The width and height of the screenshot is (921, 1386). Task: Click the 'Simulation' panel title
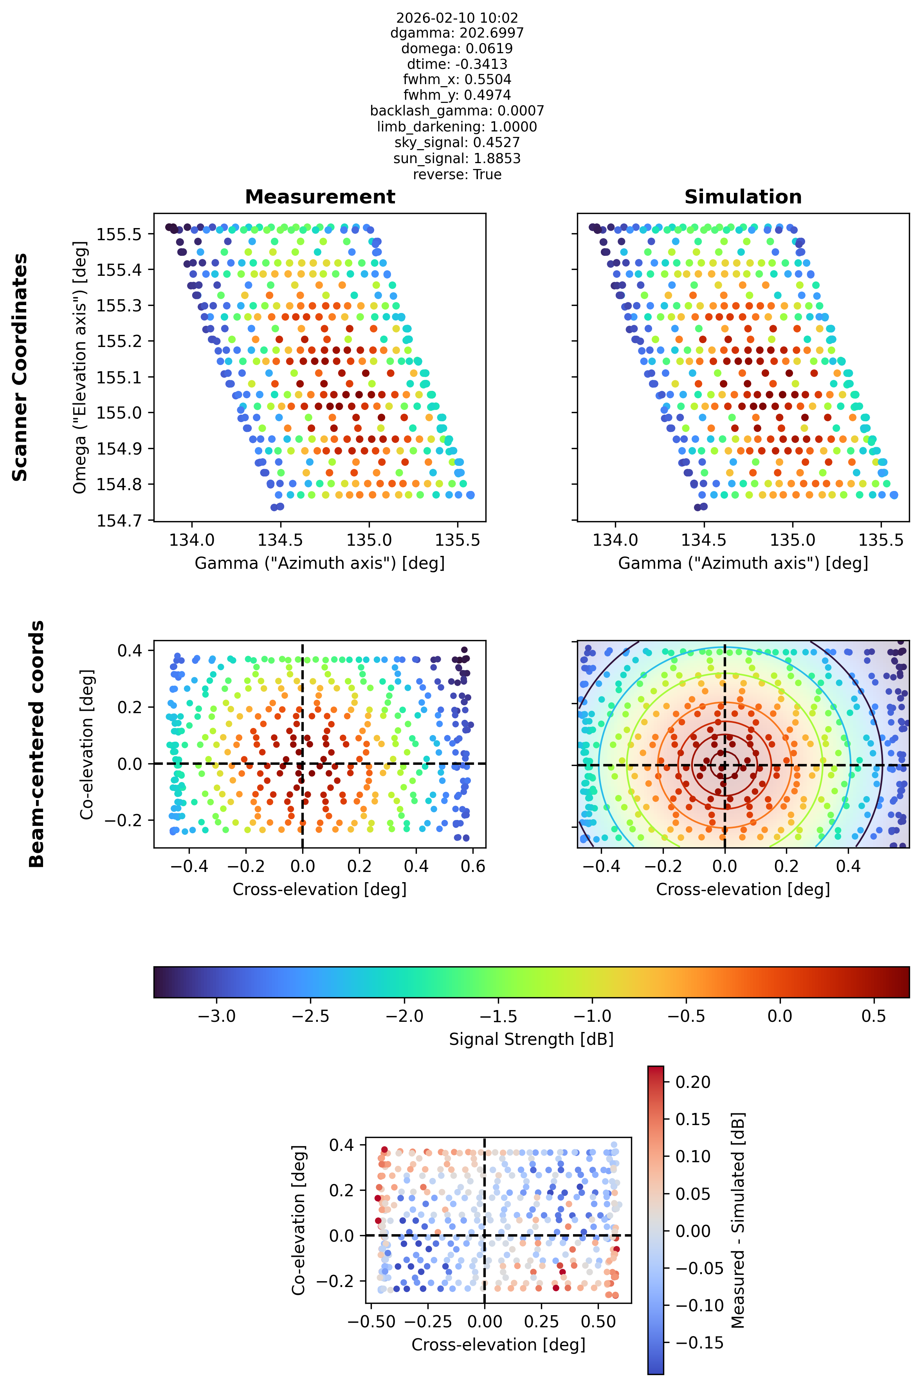pos(743,197)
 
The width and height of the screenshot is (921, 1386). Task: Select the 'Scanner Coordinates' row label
pos(20,367)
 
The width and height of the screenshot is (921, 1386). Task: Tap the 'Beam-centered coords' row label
pos(36,744)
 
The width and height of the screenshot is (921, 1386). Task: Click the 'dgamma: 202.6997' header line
pos(457,33)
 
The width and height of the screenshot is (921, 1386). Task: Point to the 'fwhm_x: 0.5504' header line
pos(457,79)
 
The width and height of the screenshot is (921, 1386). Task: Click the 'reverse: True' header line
pos(457,174)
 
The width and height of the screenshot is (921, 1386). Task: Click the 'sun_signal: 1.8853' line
pos(457,158)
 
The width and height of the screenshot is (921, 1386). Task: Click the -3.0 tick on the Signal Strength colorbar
pos(217,1016)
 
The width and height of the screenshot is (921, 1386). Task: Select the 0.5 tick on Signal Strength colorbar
pos(873,1016)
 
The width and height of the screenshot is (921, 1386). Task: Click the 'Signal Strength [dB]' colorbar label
pos(531,1039)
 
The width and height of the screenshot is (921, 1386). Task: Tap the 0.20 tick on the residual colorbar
pos(693,1082)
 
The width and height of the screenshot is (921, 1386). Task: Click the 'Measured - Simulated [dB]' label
pos(738,1220)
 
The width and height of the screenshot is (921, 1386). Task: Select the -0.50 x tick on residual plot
pos(371,1321)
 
